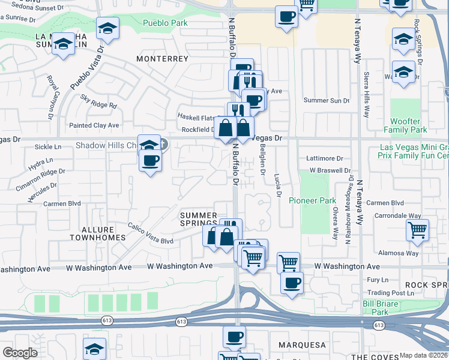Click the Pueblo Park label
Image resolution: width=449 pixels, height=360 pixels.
(x=165, y=23)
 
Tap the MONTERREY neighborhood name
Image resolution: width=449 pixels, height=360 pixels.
(x=162, y=59)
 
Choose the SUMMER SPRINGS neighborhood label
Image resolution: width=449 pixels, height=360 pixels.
(x=199, y=219)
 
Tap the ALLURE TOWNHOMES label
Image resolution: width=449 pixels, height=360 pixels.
(x=97, y=233)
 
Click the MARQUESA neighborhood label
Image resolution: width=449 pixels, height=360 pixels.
(x=302, y=345)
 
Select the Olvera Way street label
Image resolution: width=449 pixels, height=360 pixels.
(x=335, y=223)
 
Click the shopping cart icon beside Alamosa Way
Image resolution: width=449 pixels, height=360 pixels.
(x=417, y=229)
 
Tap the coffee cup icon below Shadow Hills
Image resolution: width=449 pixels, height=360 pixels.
(x=150, y=161)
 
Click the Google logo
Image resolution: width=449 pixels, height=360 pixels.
(x=20, y=353)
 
